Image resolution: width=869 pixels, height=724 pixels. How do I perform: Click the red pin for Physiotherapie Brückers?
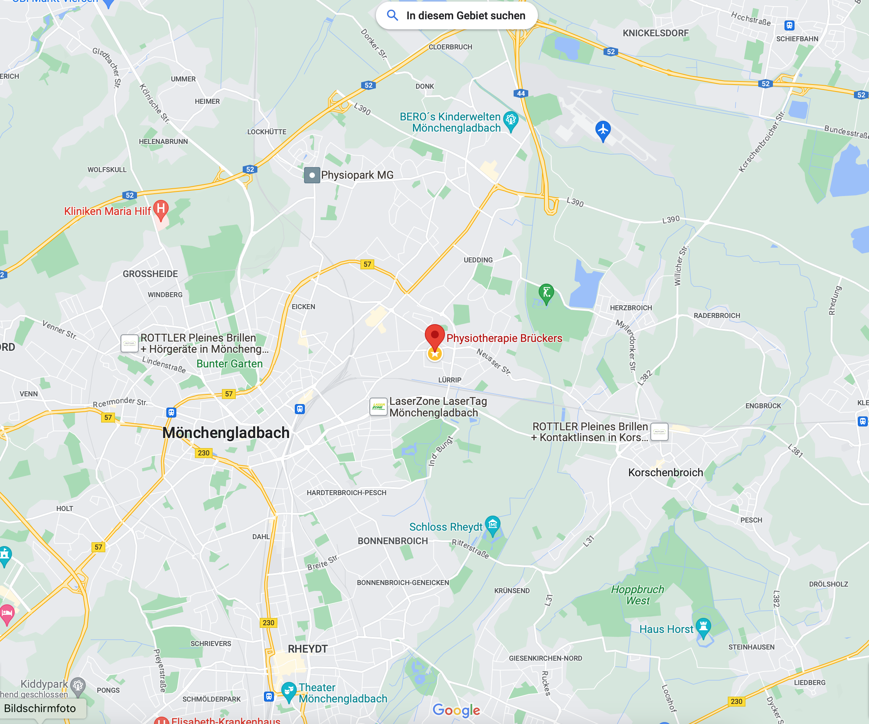(434, 335)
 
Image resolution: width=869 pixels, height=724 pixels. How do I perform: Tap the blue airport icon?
(603, 130)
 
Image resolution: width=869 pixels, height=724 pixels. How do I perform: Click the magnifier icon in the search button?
(392, 16)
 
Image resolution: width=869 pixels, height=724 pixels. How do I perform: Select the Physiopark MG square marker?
(312, 175)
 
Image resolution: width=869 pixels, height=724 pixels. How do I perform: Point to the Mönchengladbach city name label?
(226, 433)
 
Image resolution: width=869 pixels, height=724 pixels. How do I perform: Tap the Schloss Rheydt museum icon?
(492, 524)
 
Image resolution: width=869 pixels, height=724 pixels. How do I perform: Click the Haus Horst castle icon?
(703, 626)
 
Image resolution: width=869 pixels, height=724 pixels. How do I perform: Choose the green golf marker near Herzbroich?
(546, 292)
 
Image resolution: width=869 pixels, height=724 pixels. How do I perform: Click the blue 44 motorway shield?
(521, 93)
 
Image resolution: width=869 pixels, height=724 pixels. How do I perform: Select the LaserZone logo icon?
(378, 406)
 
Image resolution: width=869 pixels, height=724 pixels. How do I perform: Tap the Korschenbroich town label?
(665, 472)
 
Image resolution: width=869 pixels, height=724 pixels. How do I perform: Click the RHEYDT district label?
(308, 649)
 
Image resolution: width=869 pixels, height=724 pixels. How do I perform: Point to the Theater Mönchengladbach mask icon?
(288, 690)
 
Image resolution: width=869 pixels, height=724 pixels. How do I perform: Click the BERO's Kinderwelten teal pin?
(511, 120)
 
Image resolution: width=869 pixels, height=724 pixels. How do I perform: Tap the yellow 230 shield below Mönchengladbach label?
(204, 453)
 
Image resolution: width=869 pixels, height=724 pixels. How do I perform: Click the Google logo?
(456, 710)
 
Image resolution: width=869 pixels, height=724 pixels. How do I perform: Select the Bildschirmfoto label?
(40, 708)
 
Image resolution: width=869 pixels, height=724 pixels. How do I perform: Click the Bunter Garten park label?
(229, 364)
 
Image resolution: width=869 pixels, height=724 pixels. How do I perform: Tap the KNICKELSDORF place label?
(656, 33)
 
